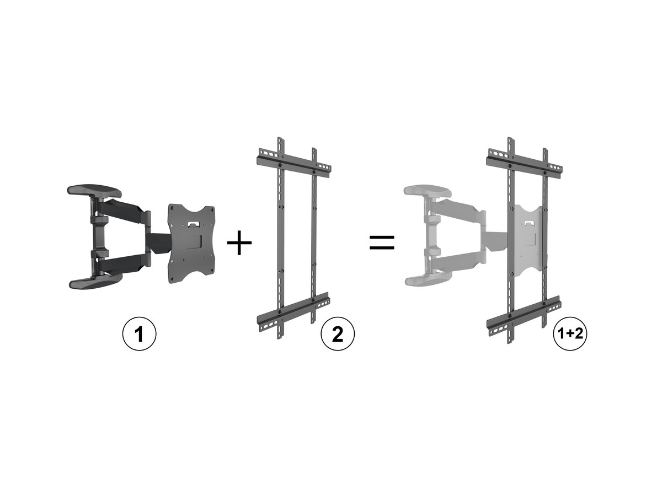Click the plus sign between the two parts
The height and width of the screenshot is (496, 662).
239,242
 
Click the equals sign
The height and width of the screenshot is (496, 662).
382,242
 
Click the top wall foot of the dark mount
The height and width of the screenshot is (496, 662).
94,191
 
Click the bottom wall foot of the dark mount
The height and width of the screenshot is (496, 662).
96,281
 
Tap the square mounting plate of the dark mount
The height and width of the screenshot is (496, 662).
191,244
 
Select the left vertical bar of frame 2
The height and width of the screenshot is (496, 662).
281,238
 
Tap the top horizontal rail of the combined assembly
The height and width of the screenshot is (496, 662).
524,164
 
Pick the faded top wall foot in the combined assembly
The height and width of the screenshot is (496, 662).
428,192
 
